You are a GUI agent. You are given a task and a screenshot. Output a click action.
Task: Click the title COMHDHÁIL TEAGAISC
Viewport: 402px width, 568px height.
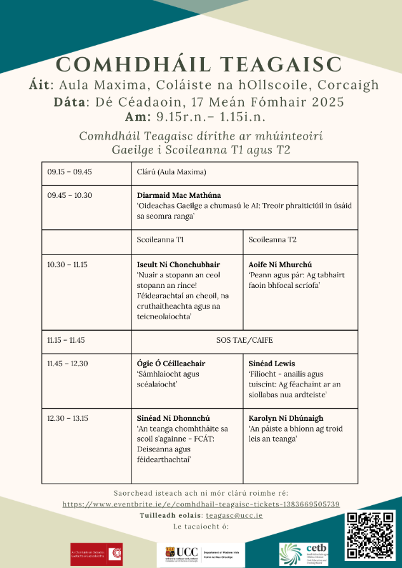201,64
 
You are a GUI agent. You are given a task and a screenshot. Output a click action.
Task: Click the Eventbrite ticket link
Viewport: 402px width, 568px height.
201,504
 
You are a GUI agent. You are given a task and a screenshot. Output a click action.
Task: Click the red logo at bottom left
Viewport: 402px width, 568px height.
97,553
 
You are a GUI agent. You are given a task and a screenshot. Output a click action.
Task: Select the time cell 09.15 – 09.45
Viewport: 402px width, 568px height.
70,172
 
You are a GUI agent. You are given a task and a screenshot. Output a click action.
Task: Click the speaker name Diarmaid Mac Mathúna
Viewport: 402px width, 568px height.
180,195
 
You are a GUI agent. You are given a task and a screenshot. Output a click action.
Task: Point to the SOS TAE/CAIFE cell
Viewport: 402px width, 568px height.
245,340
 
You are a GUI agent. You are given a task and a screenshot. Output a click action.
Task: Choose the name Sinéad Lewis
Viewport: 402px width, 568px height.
272,364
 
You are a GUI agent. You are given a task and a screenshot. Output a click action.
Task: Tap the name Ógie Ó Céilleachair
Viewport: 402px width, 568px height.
171,364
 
